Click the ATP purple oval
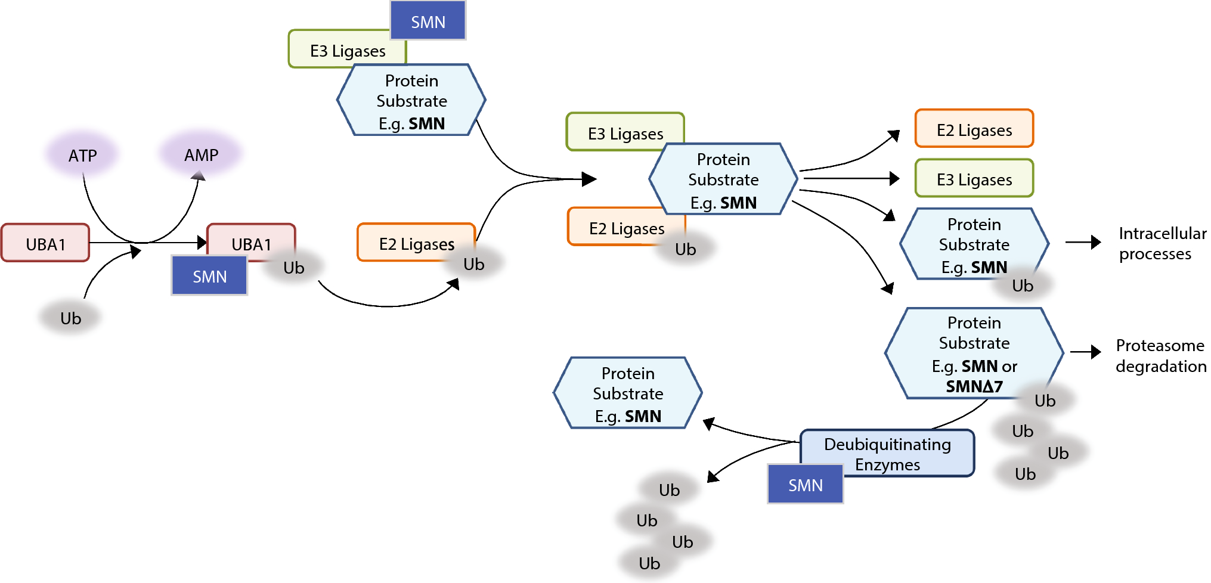click(82, 155)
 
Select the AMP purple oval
click(201, 154)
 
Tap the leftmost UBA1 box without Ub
click(45, 243)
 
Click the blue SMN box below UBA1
click(209, 276)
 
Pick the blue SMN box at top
click(428, 21)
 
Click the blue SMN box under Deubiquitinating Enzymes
click(805, 485)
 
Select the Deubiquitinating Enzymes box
click(887, 454)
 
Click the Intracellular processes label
click(1162, 243)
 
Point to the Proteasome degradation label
click(1160, 355)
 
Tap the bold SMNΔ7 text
click(974, 386)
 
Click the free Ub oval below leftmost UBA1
click(70, 318)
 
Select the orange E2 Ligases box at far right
click(974, 129)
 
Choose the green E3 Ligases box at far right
click(974, 179)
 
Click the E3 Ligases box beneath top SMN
click(347, 51)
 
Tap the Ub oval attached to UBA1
click(293, 268)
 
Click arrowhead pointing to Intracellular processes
click(1095, 242)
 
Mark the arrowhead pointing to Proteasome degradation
click(1095, 352)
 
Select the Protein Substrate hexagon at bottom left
click(627, 393)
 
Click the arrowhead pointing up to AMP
click(199, 175)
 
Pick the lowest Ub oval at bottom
click(649, 563)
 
